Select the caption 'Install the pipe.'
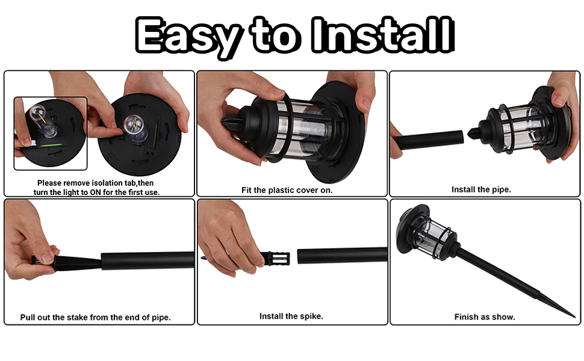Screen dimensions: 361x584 pyautogui.click(x=482, y=190)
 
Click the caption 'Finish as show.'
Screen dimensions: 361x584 pyautogui.click(x=485, y=316)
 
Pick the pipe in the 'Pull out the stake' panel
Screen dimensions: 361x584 pyautogui.click(x=147, y=261)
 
